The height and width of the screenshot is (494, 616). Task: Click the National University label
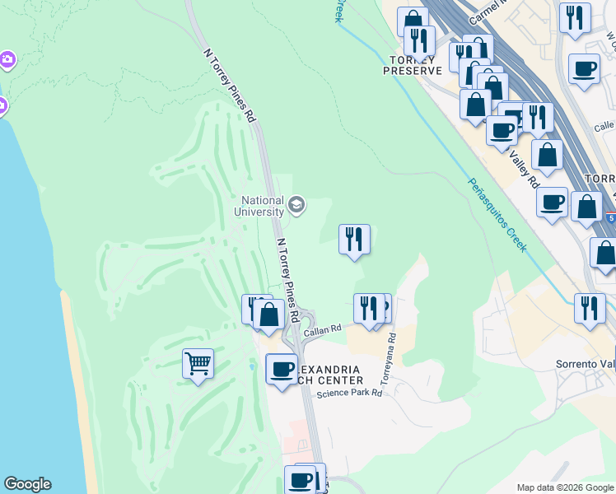(x=263, y=206)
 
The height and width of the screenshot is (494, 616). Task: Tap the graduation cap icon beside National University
(x=296, y=205)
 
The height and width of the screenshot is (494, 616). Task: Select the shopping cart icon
(x=198, y=362)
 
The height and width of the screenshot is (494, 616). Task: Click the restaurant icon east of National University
(x=354, y=240)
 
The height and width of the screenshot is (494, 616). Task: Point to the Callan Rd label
(x=322, y=331)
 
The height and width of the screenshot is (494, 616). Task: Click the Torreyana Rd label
(x=386, y=360)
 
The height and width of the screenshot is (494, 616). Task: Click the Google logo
(x=27, y=484)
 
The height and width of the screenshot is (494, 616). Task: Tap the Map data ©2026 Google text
(x=564, y=487)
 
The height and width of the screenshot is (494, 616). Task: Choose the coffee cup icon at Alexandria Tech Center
(x=282, y=369)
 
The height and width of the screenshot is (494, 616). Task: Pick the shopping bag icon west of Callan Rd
(x=268, y=314)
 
